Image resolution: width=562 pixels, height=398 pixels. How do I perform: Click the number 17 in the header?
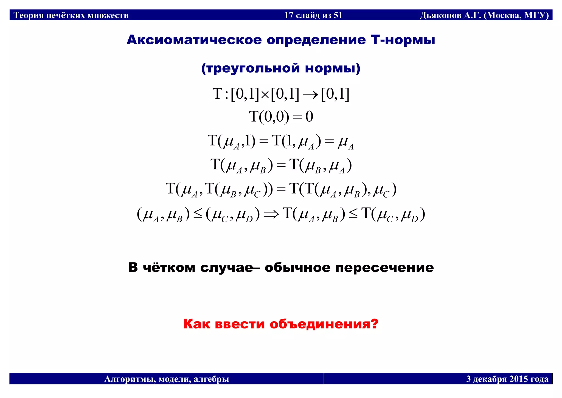(289, 15)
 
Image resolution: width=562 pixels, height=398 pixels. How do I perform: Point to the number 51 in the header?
(338, 15)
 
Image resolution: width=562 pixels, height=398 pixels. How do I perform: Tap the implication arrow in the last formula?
(271, 214)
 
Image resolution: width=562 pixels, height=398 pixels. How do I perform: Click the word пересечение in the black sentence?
(384, 267)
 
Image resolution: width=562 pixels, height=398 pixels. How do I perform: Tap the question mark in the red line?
(375, 324)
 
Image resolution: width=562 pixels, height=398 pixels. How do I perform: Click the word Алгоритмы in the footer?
(129, 379)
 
